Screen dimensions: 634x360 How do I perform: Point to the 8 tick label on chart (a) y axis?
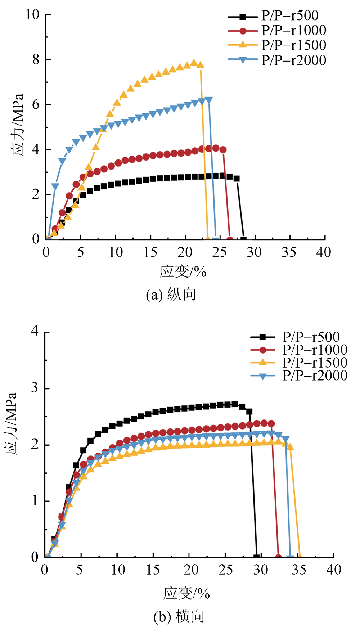coord(36,59)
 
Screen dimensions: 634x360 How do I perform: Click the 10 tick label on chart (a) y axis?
coord(32,15)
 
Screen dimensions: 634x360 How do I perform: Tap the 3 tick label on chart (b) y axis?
coord(35,388)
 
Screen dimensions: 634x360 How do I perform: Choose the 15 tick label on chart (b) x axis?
coord(153,570)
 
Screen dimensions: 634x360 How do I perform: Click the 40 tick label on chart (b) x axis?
coord(333,570)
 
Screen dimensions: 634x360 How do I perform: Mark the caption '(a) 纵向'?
coord(171,295)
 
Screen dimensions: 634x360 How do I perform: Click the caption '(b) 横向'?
coord(179,617)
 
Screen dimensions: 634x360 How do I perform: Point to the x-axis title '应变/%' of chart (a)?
coord(183,272)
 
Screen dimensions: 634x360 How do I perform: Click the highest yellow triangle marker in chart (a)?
coord(194,63)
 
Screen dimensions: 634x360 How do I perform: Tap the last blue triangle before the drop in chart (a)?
coord(208,100)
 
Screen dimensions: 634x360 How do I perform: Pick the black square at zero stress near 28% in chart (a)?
coord(244,239)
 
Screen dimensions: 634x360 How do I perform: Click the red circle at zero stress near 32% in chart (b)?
coord(278,558)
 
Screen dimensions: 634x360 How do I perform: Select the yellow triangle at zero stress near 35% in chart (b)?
coord(300,557)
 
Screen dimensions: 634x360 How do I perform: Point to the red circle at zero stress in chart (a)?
coord(230,239)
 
